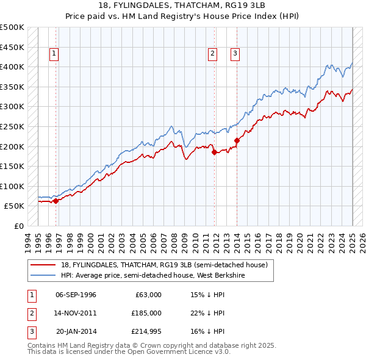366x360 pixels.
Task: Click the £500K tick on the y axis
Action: click(x=12, y=27)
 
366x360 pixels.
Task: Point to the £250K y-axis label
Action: click(x=12, y=127)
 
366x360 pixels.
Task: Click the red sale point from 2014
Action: click(x=237, y=141)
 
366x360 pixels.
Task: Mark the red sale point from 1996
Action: click(x=56, y=201)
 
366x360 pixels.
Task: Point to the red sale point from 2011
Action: click(x=214, y=153)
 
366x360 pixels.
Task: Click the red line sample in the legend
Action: click(x=43, y=265)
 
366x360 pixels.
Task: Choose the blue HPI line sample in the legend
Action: click(x=43, y=275)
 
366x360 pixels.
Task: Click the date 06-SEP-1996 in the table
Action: click(x=76, y=295)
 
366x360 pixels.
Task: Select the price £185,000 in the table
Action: click(x=146, y=313)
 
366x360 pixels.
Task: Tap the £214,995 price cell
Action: click(x=146, y=331)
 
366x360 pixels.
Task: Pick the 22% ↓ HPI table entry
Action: click(x=207, y=313)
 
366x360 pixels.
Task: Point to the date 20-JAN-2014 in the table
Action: click(x=76, y=331)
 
